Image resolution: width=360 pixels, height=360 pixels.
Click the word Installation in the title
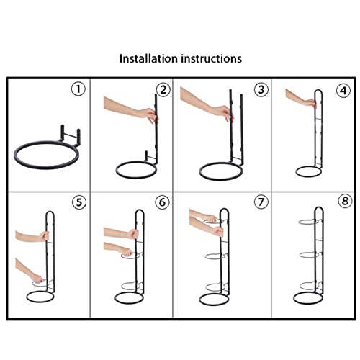tap(148, 59)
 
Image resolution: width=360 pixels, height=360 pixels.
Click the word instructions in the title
tap(211, 59)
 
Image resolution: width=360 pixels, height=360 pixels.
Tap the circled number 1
tap(78, 89)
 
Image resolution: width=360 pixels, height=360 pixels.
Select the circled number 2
tap(163, 90)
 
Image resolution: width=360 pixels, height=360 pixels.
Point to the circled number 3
tap(261, 90)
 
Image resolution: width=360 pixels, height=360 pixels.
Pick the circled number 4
tap(343, 91)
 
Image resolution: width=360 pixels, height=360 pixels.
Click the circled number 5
tap(79, 202)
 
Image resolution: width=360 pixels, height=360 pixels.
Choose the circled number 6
tap(162, 202)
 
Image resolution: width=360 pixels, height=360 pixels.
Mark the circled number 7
tap(261, 202)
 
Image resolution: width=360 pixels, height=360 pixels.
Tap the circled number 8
tap(345, 201)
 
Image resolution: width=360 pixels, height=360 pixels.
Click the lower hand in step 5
tap(37, 279)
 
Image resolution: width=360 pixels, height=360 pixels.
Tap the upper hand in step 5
tap(44, 236)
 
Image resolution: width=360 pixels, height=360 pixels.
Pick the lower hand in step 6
tap(126, 251)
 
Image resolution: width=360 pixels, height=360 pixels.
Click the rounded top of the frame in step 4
tap(318, 90)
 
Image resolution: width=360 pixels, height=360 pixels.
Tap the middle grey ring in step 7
tap(215, 256)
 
